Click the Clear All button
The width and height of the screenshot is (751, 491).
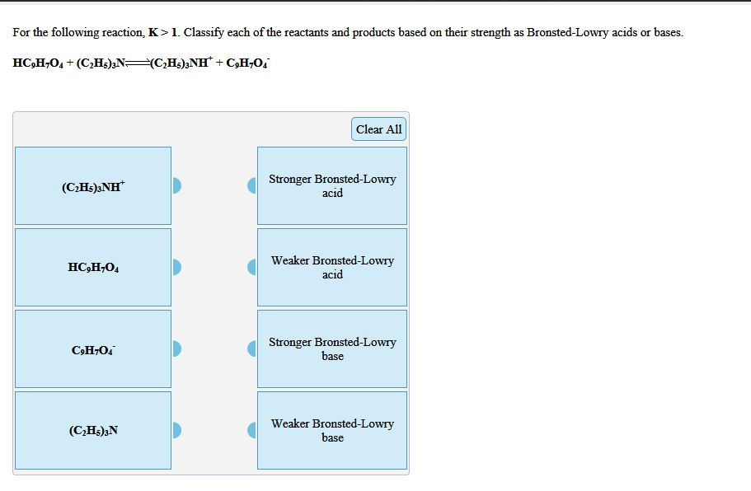click(x=378, y=129)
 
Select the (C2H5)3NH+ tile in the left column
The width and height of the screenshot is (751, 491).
click(x=93, y=186)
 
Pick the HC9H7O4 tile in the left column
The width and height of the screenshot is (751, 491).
click(x=93, y=268)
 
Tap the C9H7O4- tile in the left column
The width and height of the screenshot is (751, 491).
click(x=93, y=349)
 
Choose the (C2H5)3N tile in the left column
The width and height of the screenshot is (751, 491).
click(x=93, y=431)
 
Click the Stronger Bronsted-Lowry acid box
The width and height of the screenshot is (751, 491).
click(x=332, y=186)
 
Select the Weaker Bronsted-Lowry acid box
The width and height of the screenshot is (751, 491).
click(x=332, y=268)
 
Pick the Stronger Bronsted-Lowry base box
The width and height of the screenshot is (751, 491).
click(x=332, y=349)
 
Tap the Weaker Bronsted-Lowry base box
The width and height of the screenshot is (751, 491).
click(x=332, y=431)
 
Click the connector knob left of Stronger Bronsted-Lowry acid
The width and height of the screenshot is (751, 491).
click(x=252, y=186)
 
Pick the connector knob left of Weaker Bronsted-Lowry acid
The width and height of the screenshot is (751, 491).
click(x=252, y=268)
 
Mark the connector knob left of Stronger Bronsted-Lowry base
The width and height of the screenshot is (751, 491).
click(x=252, y=349)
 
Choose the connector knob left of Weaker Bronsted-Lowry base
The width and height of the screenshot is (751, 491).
click(x=252, y=431)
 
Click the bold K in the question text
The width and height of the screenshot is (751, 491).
click(x=152, y=33)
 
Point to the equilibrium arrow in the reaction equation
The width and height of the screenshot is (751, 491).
click(x=137, y=63)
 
